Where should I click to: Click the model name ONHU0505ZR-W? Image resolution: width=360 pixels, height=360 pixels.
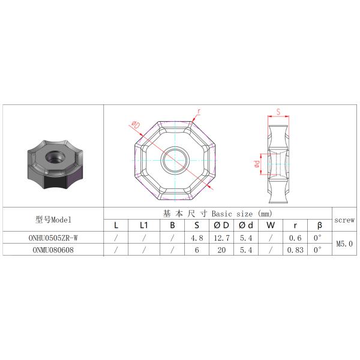click(53, 238)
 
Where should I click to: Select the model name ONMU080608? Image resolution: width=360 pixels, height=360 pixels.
click(53, 250)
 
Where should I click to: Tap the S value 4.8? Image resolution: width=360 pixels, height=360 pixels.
click(197, 238)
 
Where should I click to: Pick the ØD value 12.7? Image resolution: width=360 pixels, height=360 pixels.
click(221, 238)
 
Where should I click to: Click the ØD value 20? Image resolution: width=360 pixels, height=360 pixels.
click(221, 250)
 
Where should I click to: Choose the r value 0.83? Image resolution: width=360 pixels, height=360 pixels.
click(295, 250)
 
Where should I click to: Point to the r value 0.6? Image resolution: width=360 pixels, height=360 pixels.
click(295, 238)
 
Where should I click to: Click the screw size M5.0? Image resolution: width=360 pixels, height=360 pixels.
click(344, 244)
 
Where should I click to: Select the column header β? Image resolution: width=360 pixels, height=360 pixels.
click(320, 226)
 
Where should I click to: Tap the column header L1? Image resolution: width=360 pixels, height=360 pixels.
click(144, 225)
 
